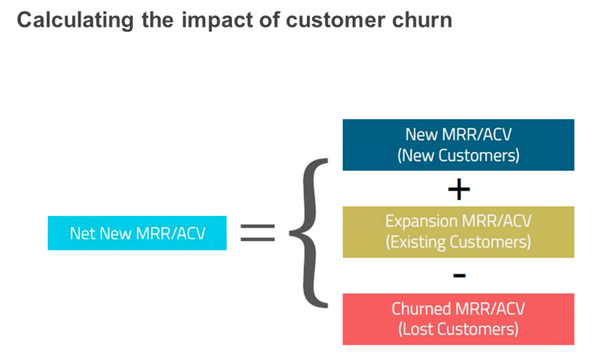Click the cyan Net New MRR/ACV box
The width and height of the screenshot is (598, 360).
[x=137, y=233]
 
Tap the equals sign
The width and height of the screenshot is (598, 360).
[x=257, y=233]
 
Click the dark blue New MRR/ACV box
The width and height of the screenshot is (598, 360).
[x=459, y=145]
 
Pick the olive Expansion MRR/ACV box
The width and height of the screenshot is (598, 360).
[x=459, y=231]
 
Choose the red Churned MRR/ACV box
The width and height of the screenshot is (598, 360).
[x=459, y=319]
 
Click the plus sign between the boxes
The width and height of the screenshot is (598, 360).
[x=459, y=189]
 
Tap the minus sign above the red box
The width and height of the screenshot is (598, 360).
[x=459, y=275]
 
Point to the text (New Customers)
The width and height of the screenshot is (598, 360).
[x=459, y=156]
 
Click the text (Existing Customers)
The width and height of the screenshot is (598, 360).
[x=459, y=242]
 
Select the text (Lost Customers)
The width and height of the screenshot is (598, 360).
[x=459, y=329]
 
